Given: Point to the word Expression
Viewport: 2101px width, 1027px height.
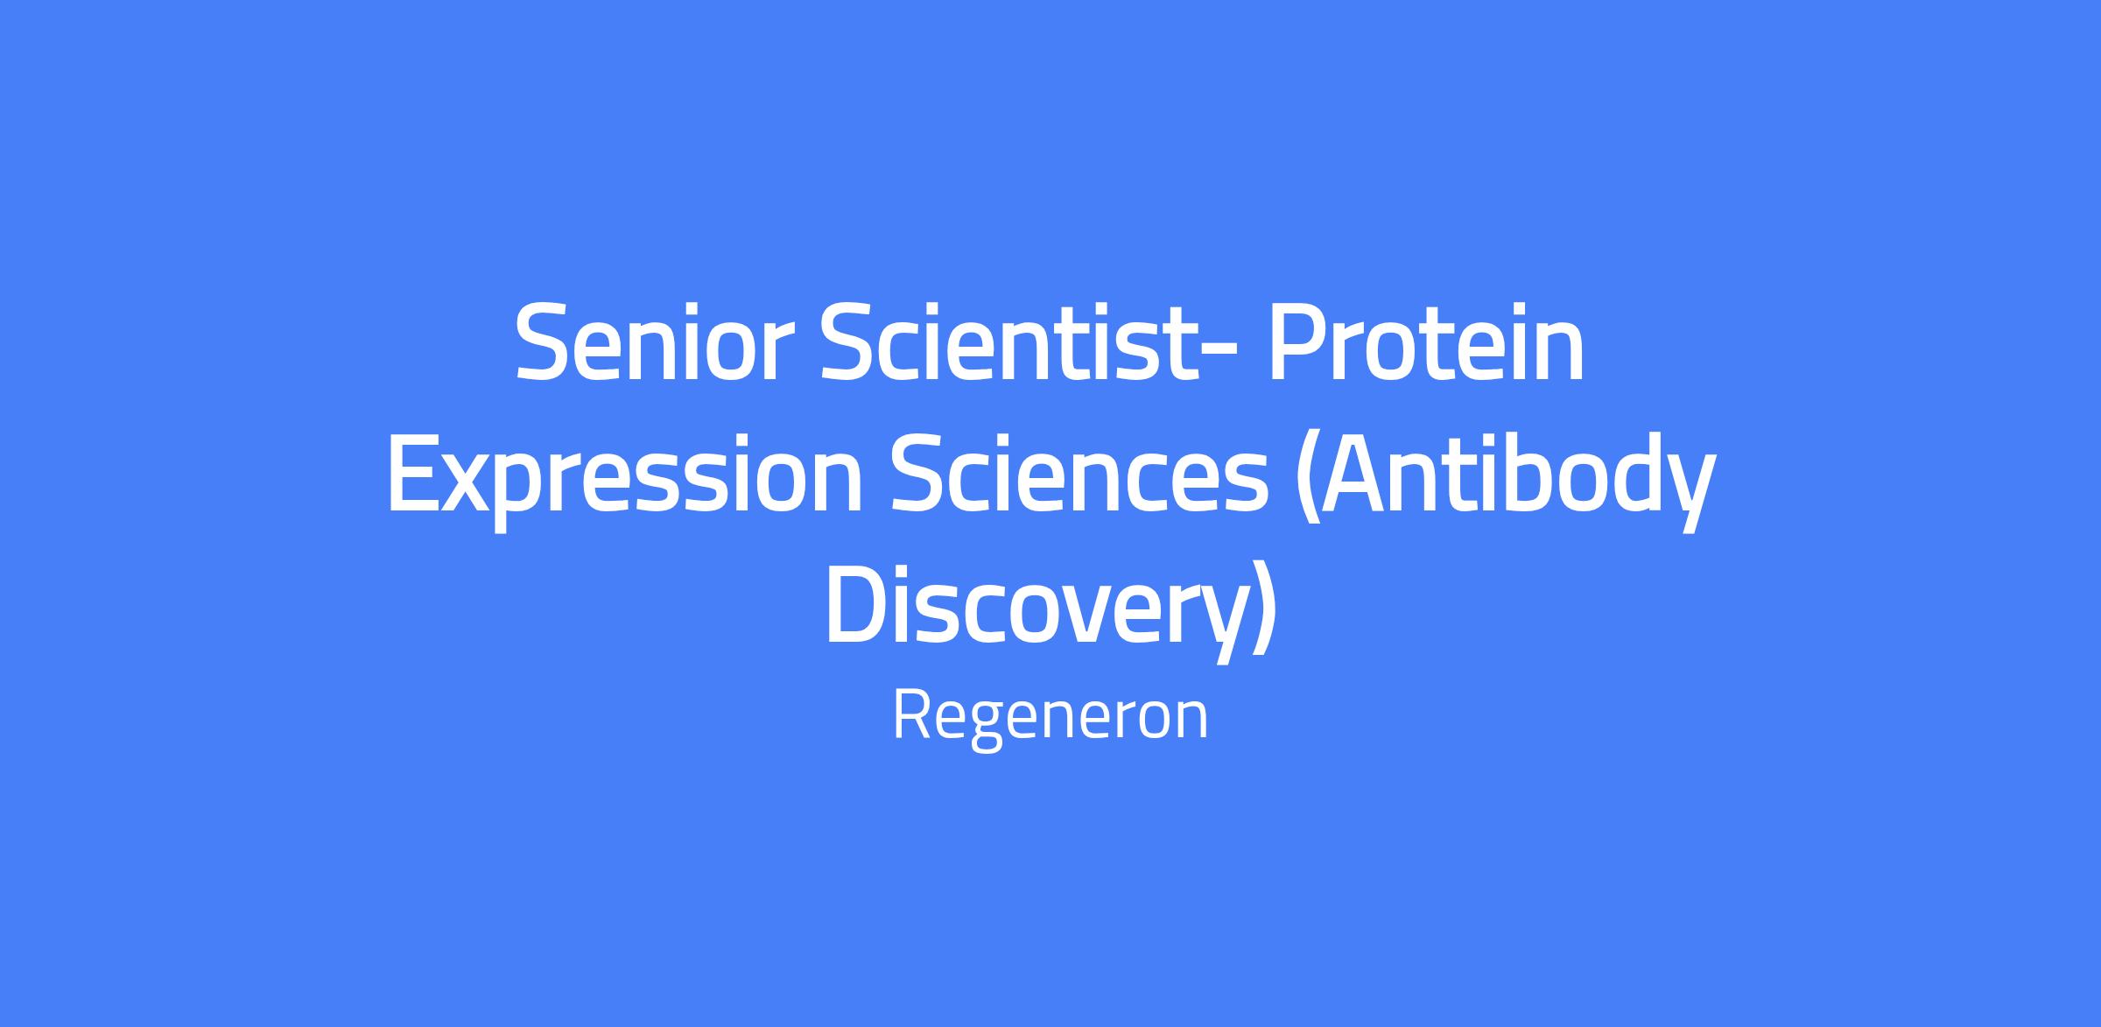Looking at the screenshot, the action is (x=625, y=481).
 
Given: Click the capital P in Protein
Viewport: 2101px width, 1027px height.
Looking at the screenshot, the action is (x=1291, y=343).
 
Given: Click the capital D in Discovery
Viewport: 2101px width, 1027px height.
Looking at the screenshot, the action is (x=859, y=608).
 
